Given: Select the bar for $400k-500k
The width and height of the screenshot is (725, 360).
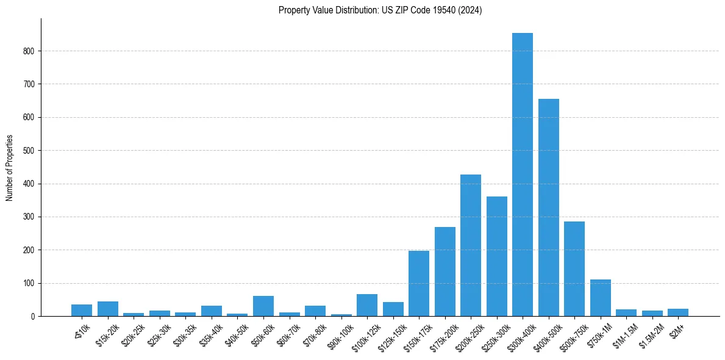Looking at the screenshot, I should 549,207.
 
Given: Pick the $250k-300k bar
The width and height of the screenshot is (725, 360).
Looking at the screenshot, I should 497,256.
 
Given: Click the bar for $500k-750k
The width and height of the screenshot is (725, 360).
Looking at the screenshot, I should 574,268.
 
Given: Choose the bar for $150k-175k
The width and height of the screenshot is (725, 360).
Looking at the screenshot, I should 419,283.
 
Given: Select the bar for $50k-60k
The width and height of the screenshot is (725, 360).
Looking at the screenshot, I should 263,306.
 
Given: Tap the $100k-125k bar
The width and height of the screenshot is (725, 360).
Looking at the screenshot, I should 367,305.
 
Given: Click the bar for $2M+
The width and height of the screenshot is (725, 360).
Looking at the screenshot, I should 678,312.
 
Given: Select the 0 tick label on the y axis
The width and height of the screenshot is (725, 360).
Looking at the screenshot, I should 34,316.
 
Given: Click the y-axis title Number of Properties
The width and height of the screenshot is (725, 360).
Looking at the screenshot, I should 9,168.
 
